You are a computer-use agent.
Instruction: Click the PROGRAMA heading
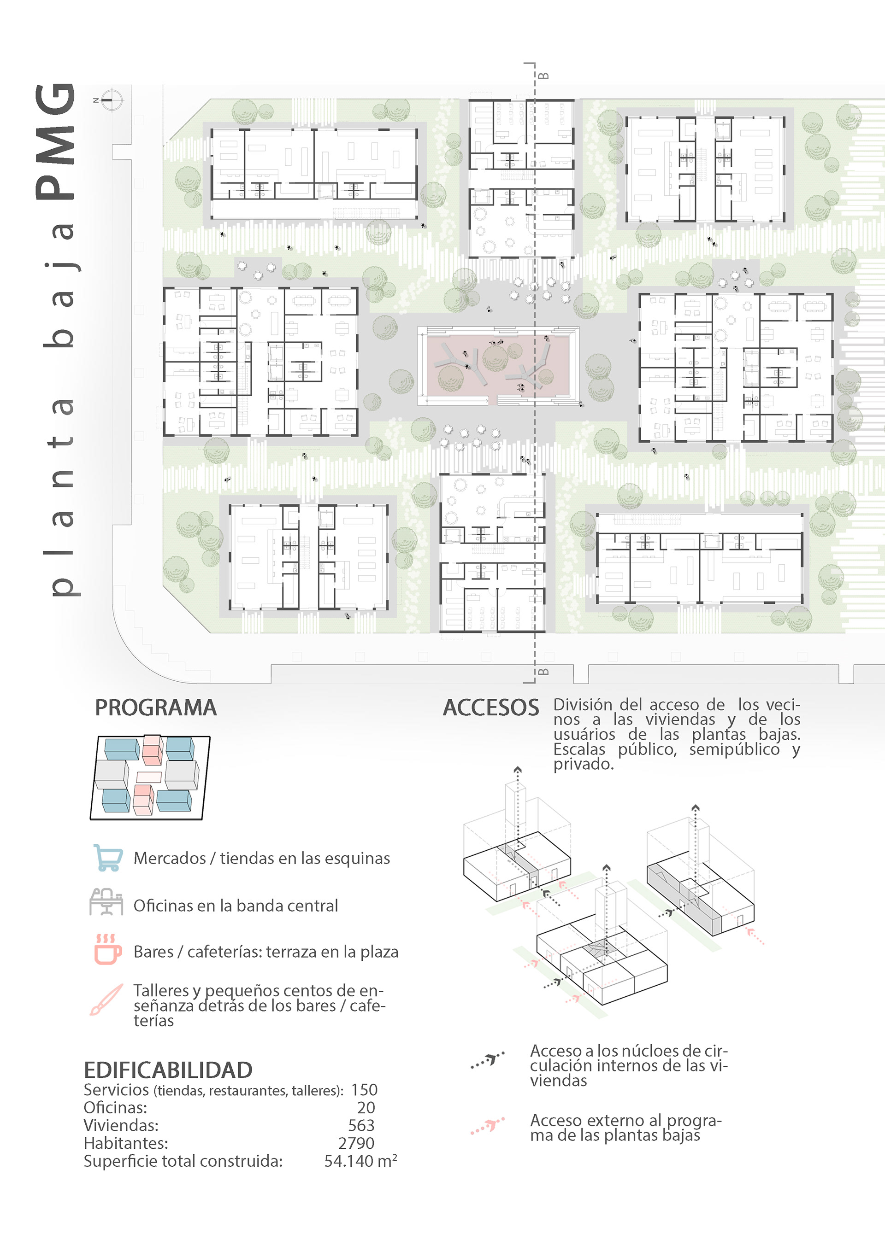coord(155,708)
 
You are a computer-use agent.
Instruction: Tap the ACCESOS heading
coord(491,708)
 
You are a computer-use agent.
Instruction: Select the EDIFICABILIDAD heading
coord(168,1070)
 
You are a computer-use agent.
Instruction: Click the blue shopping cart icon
coord(107,858)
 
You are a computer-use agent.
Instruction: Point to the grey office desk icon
coord(106,902)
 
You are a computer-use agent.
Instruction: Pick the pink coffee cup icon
coord(107,950)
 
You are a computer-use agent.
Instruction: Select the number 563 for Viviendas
coord(361,1125)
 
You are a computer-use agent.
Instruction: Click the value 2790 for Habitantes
coord(357,1143)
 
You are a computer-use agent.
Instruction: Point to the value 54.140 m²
coord(360,1161)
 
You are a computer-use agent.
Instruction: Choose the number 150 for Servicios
coord(364,1090)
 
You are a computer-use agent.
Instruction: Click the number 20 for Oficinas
coord(366,1108)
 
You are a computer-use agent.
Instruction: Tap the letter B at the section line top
coord(543,76)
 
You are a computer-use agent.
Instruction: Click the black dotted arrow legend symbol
coord(488,1060)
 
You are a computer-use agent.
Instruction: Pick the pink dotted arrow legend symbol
coord(488,1125)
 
